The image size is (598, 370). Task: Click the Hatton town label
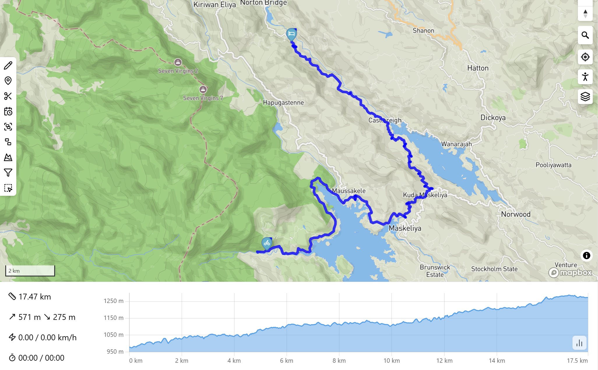[x=478, y=68]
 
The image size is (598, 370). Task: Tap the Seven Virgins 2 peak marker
[x=178, y=62]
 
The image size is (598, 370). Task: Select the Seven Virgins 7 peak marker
[x=203, y=89]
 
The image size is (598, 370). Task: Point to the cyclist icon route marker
[x=267, y=243]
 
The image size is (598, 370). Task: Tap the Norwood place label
[x=516, y=214]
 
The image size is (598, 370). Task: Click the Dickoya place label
[x=493, y=118]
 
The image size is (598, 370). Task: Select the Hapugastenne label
[x=283, y=103]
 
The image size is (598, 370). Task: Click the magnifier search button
[x=585, y=35]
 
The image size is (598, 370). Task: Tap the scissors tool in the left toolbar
[x=8, y=96]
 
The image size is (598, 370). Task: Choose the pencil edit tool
[x=8, y=66]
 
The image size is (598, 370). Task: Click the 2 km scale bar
[x=30, y=271]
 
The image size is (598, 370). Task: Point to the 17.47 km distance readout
[x=35, y=297]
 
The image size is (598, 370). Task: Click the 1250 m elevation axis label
[x=113, y=301]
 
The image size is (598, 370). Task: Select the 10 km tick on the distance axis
[x=391, y=361]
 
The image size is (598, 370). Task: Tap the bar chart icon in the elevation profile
[x=579, y=343]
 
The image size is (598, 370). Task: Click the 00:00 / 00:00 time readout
[x=41, y=358]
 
